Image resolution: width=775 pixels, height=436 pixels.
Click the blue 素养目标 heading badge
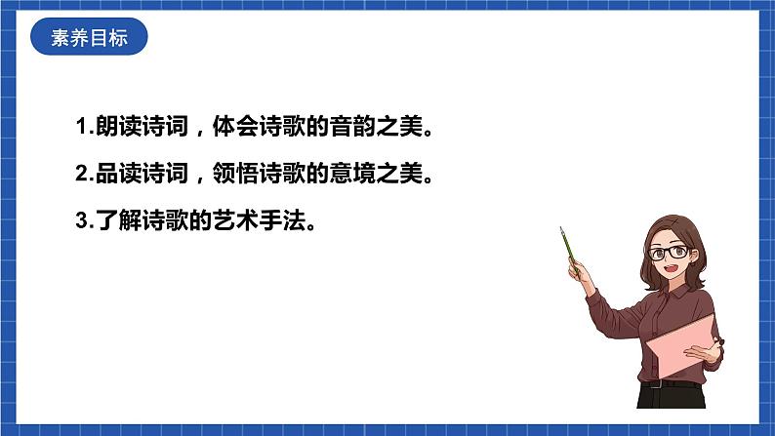click(89, 39)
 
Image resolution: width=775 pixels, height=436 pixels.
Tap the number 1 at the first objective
click(80, 127)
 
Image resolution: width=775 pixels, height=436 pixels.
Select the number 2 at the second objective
click(80, 175)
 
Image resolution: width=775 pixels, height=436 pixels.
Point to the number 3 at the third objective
click(80, 221)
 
